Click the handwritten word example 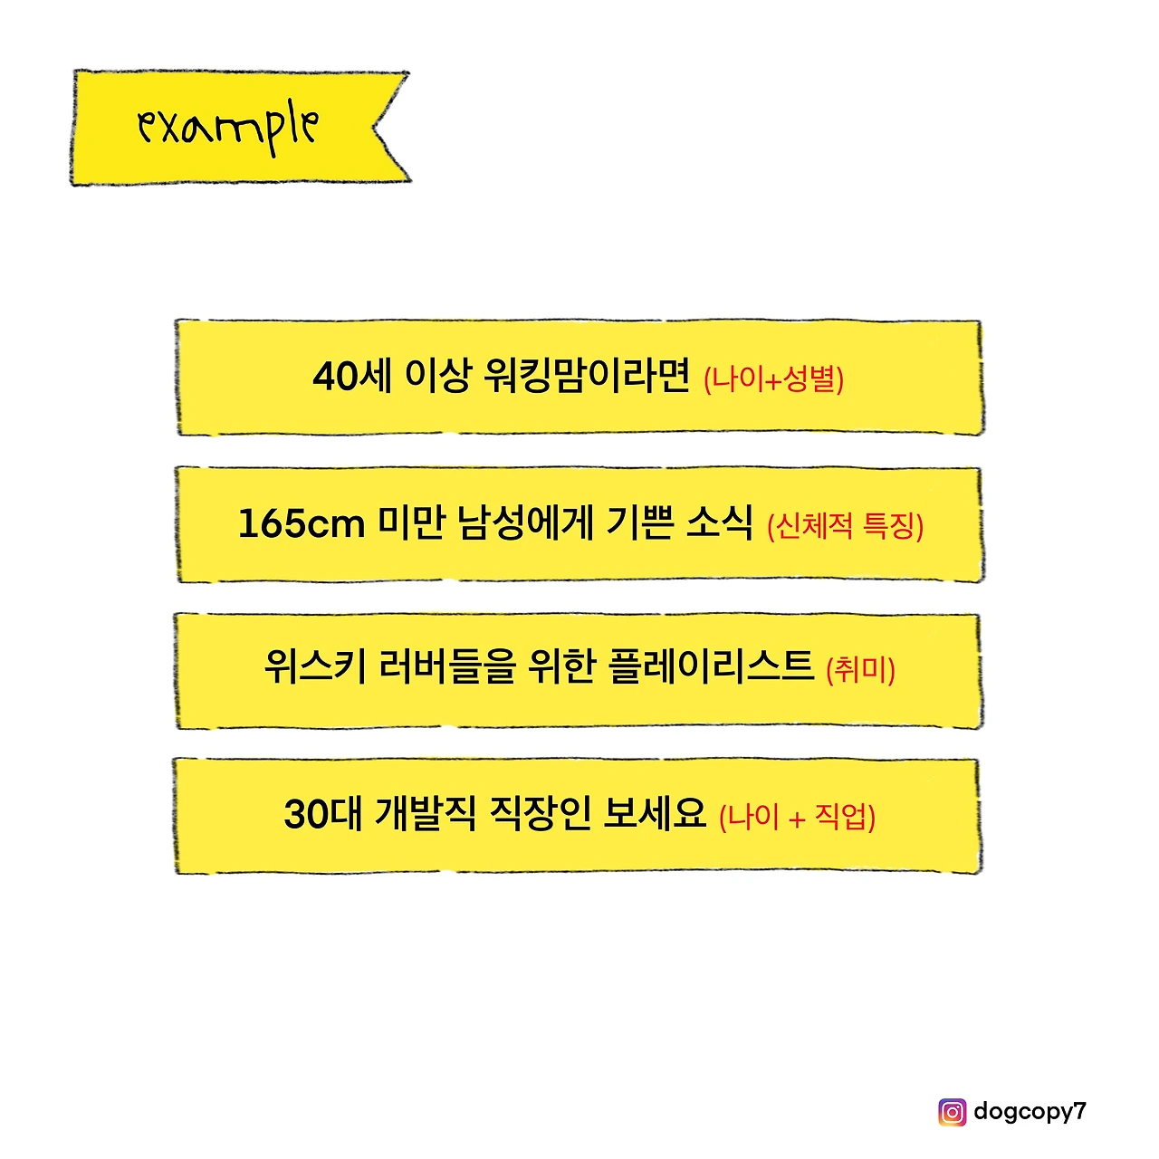coord(228,128)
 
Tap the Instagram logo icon coord(952,1111)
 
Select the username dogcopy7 coord(1030,1111)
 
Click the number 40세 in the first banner coord(351,376)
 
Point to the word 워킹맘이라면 coord(587,376)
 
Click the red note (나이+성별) coord(773,378)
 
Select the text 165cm coord(301,523)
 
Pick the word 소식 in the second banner coord(719,522)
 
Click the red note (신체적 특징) coord(845,525)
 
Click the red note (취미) coord(860,670)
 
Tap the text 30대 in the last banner coord(322,813)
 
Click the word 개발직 coord(425,813)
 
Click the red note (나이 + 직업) coord(797,817)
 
